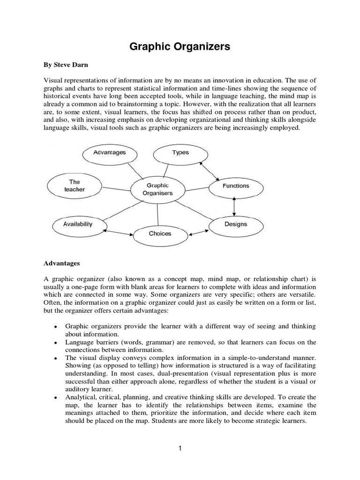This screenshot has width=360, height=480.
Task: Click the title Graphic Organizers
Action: click(x=180, y=47)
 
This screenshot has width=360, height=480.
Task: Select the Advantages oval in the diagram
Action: click(x=109, y=153)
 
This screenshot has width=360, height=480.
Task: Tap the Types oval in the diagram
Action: click(x=180, y=153)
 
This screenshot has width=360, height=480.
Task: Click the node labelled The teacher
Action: click(x=75, y=186)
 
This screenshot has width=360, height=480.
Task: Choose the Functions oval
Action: click(x=235, y=186)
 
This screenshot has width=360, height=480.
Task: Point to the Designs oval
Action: click(x=235, y=225)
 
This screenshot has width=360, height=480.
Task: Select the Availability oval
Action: click(x=78, y=224)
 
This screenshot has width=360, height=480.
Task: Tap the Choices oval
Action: click(x=160, y=234)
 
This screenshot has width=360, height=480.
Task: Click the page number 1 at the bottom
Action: click(x=180, y=449)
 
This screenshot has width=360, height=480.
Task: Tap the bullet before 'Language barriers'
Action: click(x=56, y=343)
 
